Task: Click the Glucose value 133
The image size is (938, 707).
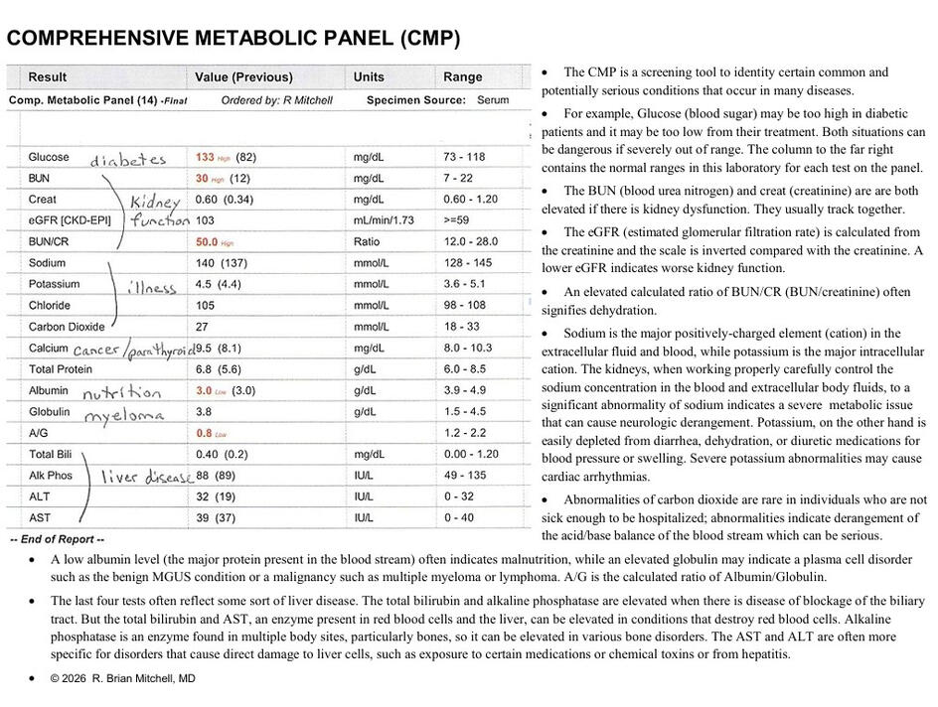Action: (x=205, y=157)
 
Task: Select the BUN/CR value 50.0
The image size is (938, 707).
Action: (x=207, y=242)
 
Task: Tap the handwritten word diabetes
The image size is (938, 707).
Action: (x=128, y=160)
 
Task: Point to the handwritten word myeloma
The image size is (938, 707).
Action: (x=123, y=415)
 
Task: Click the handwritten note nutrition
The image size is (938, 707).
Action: (x=121, y=393)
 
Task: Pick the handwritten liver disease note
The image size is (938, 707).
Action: (x=148, y=478)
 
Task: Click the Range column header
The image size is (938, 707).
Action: (x=462, y=77)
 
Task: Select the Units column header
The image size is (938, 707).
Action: (x=369, y=77)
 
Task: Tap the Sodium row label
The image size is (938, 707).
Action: (x=47, y=263)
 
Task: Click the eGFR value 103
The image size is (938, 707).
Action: (x=206, y=220)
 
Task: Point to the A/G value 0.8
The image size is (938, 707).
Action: (x=204, y=433)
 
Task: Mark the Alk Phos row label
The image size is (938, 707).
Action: (x=51, y=476)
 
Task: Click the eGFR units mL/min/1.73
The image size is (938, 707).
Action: (x=384, y=220)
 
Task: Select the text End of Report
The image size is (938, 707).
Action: (x=57, y=539)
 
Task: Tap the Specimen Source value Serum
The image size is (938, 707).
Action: (x=493, y=100)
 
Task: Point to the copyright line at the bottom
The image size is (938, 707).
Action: (x=123, y=679)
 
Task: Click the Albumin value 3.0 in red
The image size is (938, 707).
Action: (x=204, y=391)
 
